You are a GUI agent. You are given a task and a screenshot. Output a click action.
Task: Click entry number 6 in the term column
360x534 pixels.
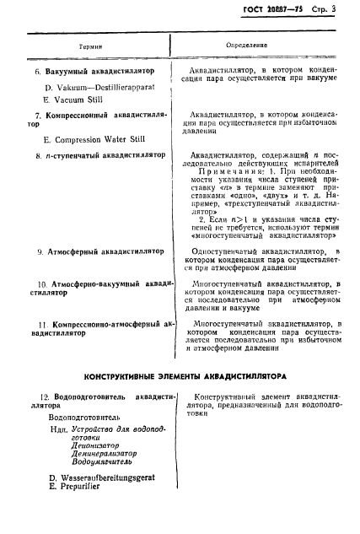click(39, 73)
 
